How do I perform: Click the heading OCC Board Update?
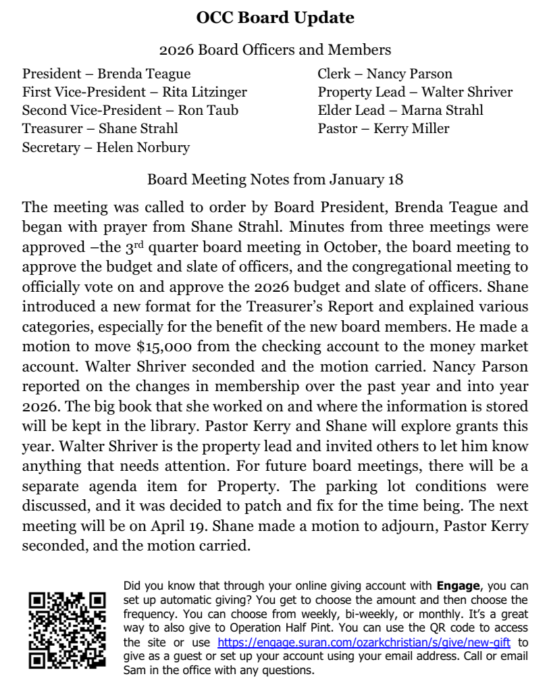(275, 18)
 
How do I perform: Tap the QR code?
(67, 630)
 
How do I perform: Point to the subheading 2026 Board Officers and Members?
(275, 50)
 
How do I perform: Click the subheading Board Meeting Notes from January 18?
(275, 180)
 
